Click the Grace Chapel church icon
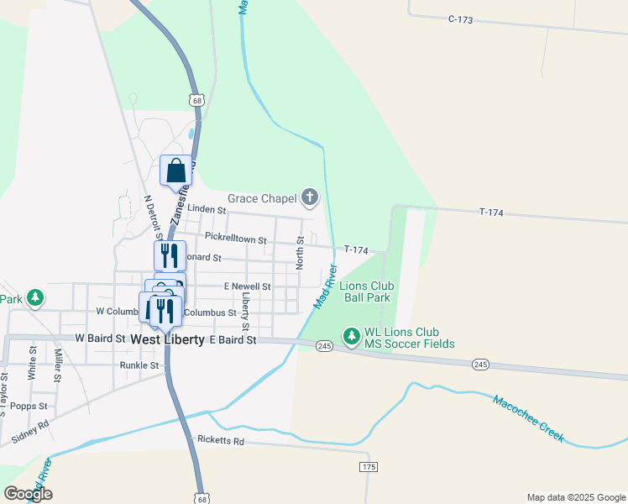click(311, 198)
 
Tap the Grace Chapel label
click(262, 199)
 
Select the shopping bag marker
click(175, 171)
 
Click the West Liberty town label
click(167, 339)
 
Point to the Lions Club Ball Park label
click(366, 291)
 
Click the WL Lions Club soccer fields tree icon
click(351, 338)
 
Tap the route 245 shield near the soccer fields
click(325, 346)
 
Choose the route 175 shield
click(368, 466)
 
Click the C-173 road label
click(461, 18)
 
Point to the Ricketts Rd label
click(220, 440)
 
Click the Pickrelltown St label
click(235, 240)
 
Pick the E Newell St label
click(247, 286)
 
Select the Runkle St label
click(139, 365)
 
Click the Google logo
click(28, 494)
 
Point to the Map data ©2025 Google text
click(575, 497)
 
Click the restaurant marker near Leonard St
click(170, 255)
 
